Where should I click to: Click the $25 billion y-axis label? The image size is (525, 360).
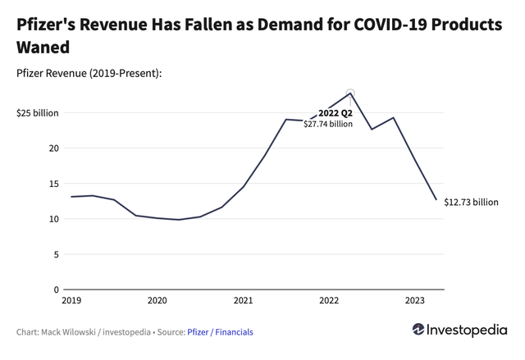(38, 113)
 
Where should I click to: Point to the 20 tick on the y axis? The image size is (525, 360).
(54, 148)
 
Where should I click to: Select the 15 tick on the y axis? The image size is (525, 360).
(54, 184)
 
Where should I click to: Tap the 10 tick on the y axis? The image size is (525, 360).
(54, 219)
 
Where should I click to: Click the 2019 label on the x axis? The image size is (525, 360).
(71, 300)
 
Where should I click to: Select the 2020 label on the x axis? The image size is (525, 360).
(157, 300)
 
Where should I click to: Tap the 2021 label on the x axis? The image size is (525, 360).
(243, 300)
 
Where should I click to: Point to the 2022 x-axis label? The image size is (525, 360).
(329, 300)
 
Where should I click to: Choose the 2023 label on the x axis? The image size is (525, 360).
(414, 300)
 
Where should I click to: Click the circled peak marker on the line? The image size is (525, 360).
(350, 93)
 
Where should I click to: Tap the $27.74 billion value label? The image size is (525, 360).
(328, 125)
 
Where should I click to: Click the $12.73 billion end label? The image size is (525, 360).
(471, 202)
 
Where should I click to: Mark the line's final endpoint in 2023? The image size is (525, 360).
(436, 199)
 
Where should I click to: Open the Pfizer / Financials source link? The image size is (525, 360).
(221, 332)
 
